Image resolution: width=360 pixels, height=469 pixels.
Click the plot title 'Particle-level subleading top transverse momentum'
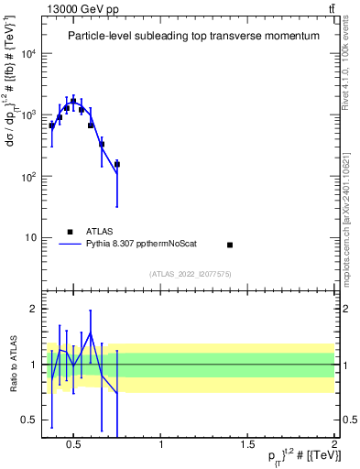coord(194,36)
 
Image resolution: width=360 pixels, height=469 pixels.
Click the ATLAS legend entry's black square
coord(70,232)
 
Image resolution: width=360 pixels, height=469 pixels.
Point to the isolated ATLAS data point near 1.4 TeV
coord(230,245)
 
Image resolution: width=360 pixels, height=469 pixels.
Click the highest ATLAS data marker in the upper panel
coord(73,101)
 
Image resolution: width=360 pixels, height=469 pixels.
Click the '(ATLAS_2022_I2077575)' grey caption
coord(190,273)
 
